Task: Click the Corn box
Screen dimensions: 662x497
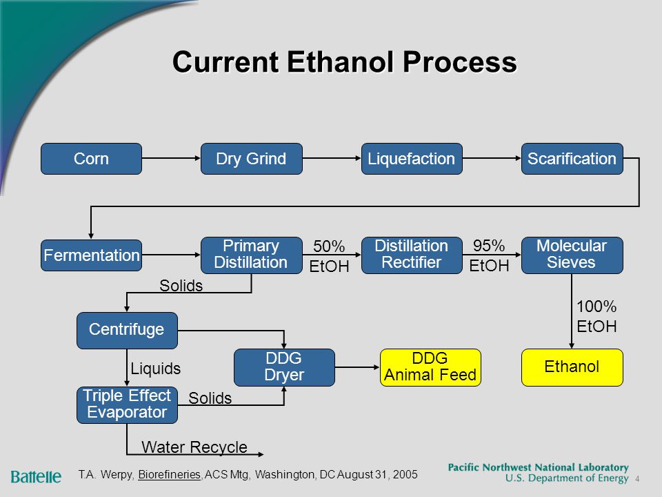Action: pos(91,159)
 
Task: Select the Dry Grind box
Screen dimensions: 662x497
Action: pos(252,159)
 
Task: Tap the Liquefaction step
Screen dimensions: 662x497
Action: pos(412,159)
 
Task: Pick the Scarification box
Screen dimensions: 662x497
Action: pos(572,159)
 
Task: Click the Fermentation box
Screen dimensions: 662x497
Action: pos(91,255)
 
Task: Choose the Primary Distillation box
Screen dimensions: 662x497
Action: pos(252,255)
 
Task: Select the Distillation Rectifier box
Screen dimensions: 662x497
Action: pos(412,255)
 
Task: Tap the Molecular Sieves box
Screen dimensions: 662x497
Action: pos(572,255)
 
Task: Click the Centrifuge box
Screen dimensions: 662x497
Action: pos(127,331)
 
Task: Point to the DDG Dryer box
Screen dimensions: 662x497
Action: pos(284,367)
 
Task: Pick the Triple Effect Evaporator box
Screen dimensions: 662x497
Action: pos(127,405)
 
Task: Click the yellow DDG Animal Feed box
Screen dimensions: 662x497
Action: pos(430,367)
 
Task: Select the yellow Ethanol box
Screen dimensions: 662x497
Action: pos(572,367)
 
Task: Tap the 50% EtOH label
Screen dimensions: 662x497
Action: pos(330,256)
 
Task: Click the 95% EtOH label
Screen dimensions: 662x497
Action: pos(489,255)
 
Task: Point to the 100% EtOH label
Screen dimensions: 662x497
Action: pos(596,316)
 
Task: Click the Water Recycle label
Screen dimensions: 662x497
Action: pos(194,447)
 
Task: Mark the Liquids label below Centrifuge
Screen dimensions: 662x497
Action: pos(156,369)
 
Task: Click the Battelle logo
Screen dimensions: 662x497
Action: pos(36,477)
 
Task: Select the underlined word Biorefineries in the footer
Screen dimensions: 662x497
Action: pos(170,475)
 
